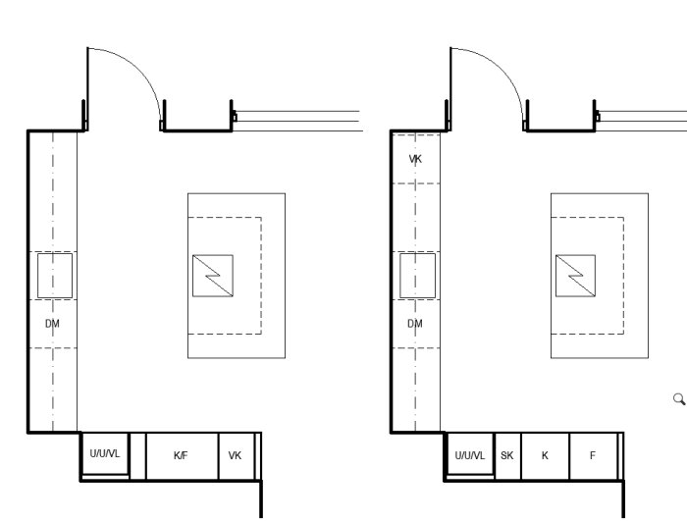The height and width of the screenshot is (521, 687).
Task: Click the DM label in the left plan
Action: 52,323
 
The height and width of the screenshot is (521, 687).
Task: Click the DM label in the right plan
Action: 415,323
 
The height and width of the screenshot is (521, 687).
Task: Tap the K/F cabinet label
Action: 181,455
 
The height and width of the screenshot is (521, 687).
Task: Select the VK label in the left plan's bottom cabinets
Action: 235,455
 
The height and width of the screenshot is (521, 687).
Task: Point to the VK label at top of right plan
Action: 415,158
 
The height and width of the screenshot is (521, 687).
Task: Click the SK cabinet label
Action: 506,455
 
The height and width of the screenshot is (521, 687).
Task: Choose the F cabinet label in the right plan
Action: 592,455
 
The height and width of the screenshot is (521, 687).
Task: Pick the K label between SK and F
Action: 544,455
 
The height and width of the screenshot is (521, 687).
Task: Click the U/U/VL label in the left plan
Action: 104,453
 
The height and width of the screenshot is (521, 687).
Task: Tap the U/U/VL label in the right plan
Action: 469,455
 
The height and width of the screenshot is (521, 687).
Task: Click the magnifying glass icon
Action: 677,398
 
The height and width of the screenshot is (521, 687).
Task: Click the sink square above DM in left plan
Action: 55,276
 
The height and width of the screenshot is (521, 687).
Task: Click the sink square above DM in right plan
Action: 418,276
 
